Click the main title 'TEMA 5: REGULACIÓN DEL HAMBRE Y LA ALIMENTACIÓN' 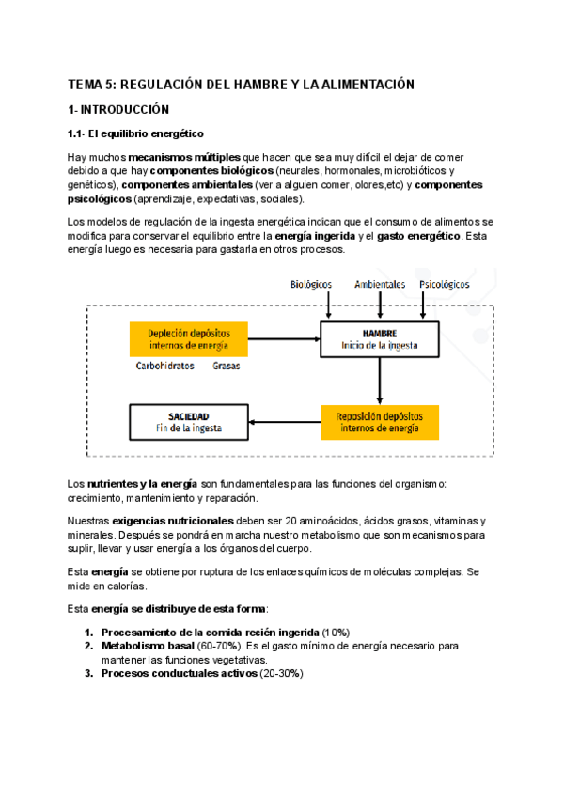241,85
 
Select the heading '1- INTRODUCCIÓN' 118,109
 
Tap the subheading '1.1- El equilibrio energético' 135,133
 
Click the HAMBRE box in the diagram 380,339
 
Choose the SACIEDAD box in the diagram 189,421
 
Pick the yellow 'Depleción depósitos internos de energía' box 188,339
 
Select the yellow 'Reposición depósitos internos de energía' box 380,421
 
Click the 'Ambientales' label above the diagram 380,283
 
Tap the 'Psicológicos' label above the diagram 445,283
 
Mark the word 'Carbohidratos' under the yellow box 165,366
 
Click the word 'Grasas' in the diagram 226,366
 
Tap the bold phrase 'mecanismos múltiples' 184,157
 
